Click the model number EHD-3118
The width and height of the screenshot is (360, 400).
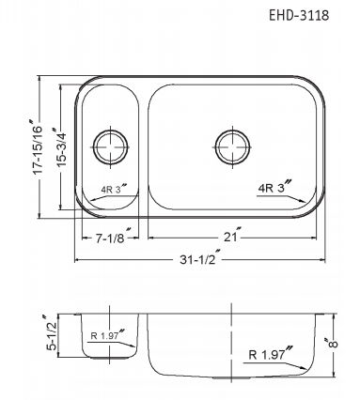tap(299, 15)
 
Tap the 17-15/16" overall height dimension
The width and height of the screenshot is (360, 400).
tap(38, 146)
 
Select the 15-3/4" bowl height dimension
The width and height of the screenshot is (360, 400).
tap(61, 146)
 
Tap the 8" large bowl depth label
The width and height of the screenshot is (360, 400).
tap(333, 342)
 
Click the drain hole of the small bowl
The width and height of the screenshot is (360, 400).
tap(111, 147)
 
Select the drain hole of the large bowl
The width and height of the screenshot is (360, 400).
tap(233, 147)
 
